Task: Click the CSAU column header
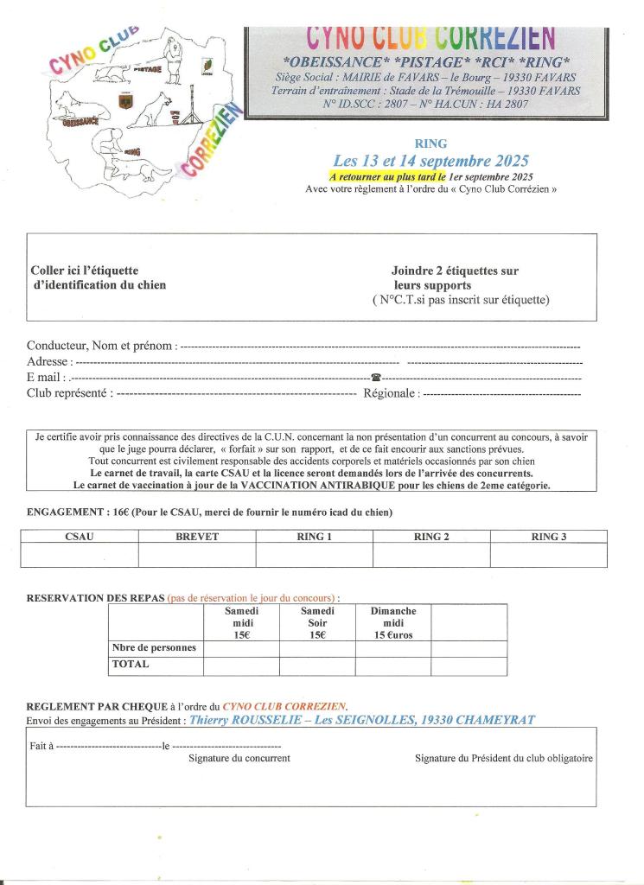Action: [x=79, y=537]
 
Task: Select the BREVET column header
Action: [x=197, y=537]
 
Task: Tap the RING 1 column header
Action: [x=315, y=537]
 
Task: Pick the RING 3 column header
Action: [x=549, y=537]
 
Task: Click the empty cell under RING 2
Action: [x=431, y=555]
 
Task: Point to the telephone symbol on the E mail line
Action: [x=376, y=378]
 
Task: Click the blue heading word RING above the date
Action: [x=430, y=144]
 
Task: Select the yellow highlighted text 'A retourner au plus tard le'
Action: [x=387, y=176]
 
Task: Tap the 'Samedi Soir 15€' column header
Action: [x=317, y=622]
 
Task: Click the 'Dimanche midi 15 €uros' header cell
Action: [x=393, y=622]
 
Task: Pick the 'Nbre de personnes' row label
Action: [x=155, y=647]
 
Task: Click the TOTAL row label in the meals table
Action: [x=130, y=665]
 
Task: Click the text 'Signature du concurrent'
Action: [x=239, y=758]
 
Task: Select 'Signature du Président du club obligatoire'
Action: [x=504, y=758]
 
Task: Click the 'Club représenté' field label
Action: [x=69, y=393]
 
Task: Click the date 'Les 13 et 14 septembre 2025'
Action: [x=430, y=161]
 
